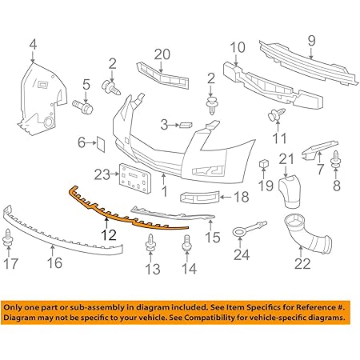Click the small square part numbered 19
pos(262,166)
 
